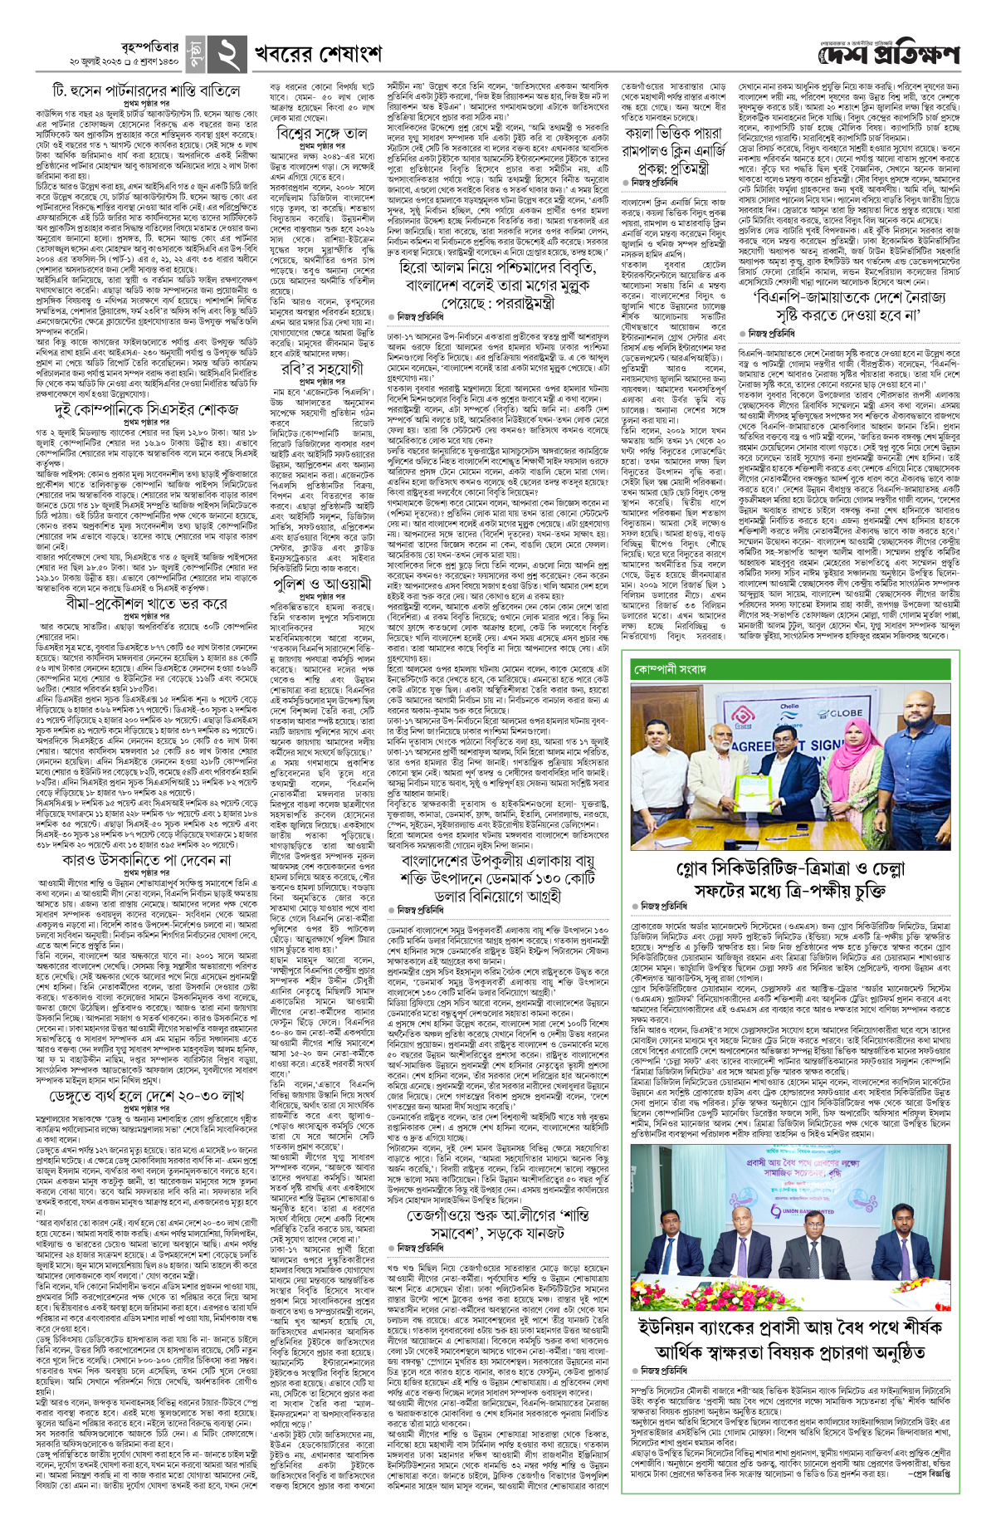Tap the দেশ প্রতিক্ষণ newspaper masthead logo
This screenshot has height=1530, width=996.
pyautogui.click(x=889, y=55)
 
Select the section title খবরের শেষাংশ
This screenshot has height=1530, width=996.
pyautogui.click(x=319, y=55)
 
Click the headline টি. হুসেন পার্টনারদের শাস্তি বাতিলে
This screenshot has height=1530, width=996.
pyautogui.click(x=146, y=90)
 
